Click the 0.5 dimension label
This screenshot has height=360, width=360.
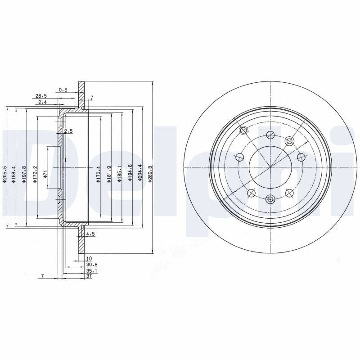[x=63, y=90]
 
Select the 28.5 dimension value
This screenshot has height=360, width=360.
[x=41, y=96]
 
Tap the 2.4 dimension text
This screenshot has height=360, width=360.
[x=42, y=102]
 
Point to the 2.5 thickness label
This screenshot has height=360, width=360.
[x=68, y=131]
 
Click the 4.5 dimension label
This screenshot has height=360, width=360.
[x=90, y=234]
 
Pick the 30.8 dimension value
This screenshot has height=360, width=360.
[x=92, y=265]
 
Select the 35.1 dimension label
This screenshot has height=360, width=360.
[x=92, y=271]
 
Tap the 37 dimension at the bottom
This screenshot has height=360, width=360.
[x=89, y=276]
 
